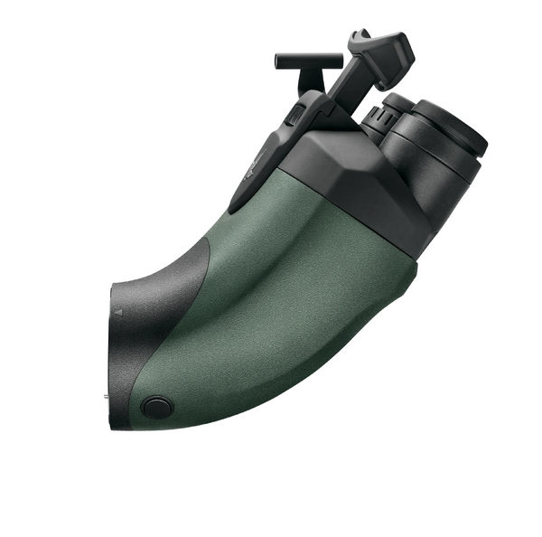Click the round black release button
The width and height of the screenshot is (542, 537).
pyautogui.click(x=157, y=407)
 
